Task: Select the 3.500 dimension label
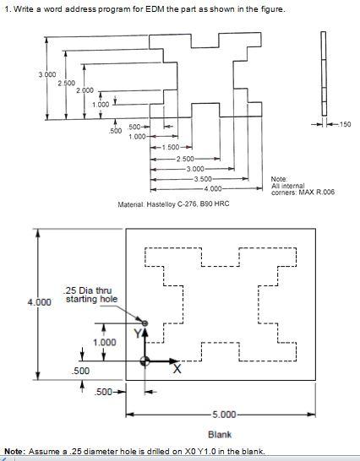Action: pyautogui.click(x=204, y=179)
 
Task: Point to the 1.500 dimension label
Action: pyautogui.click(x=170, y=148)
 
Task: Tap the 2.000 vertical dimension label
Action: pyautogui.click(x=85, y=90)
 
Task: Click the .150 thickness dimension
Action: pyautogui.click(x=343, y=125)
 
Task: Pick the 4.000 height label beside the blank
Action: pyautogui.click(x=39, y=301)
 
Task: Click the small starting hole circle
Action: pyautogui.click(x=145, y=323)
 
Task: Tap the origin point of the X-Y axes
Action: pyautogui.click(x=145, y=361)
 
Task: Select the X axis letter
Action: pyautogui.click(x=177, y=370)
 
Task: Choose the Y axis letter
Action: pyautogui.click(x=134, y=334)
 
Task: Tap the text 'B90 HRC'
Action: pyautogui.click(x=215, y=203)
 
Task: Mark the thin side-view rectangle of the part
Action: pyautogui.click(x=323, y=68)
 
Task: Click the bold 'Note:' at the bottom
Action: pyautogui.click(x=14, y=452)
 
